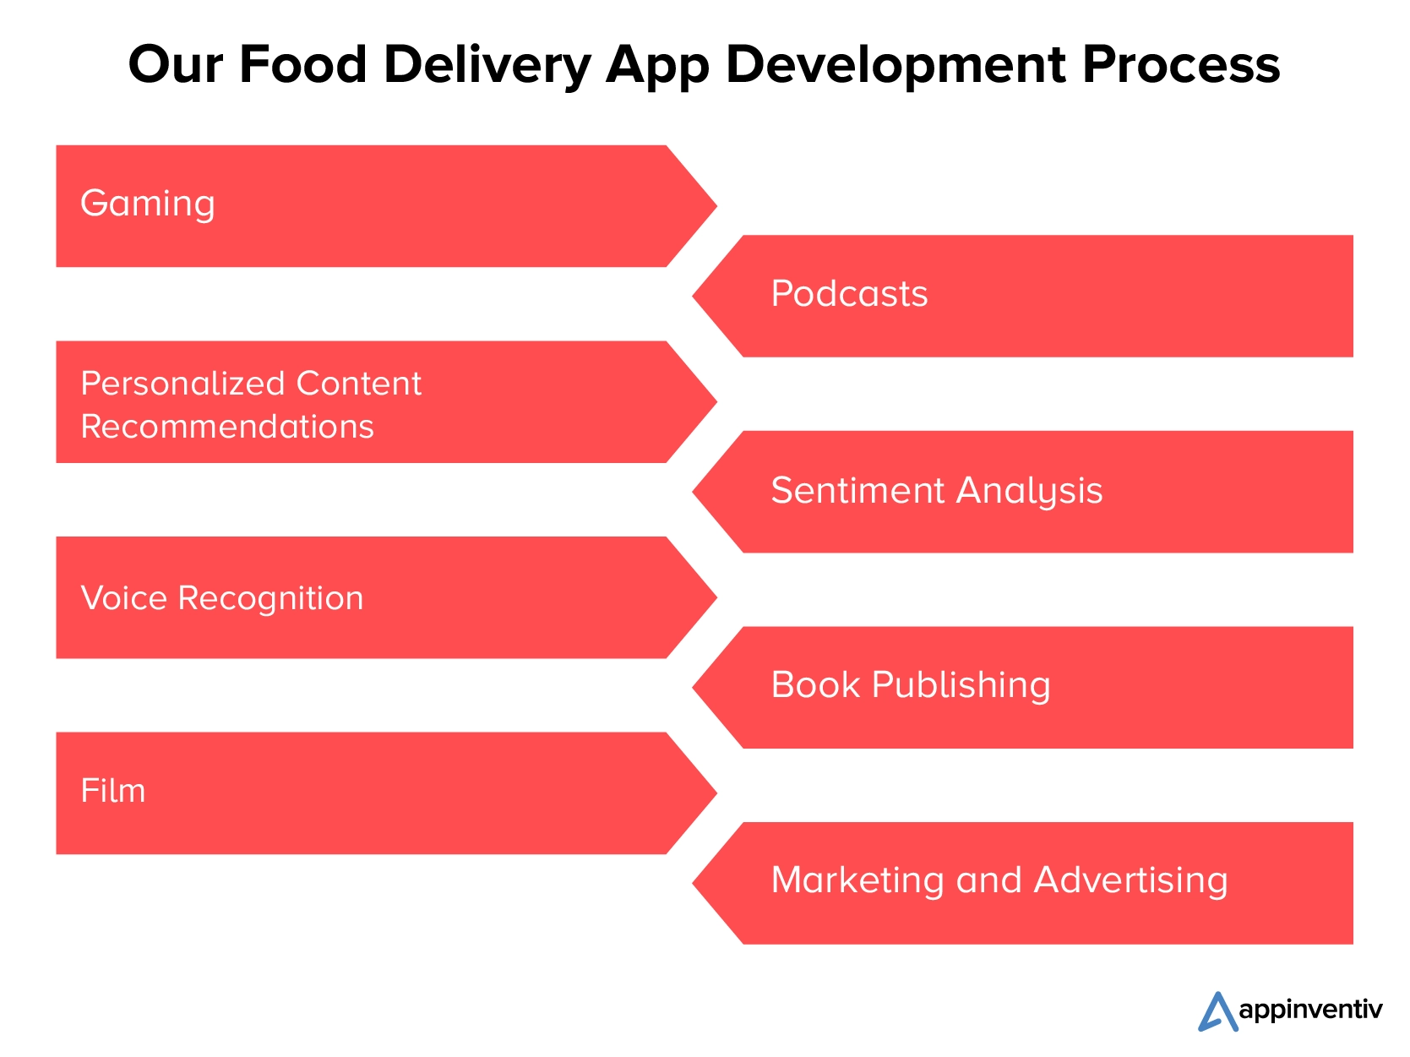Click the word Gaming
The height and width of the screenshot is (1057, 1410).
(147, 204)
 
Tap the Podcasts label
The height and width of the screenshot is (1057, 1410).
(849, 293)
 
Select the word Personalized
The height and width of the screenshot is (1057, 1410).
(182, 384)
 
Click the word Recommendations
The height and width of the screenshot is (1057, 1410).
(227, 427)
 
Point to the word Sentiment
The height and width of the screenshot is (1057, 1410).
(857, 491)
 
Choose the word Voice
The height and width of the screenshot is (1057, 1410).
(124, 598)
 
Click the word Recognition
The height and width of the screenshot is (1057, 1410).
(270, 599)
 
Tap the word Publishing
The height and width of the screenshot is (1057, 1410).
(961, 685)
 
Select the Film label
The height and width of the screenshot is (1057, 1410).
(113, 791)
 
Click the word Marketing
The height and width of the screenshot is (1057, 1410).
(857, 881)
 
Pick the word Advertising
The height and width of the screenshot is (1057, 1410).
(1130, 881)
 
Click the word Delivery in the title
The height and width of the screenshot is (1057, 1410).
(487, 66)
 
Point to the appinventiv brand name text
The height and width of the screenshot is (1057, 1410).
(1310, 1011)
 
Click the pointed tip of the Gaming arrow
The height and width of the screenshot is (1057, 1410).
(717, 206)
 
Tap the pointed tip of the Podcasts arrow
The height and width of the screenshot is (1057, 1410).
(693, 296)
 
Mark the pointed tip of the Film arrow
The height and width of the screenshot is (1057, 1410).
(717, 793)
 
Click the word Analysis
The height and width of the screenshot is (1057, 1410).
(1029, 492)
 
